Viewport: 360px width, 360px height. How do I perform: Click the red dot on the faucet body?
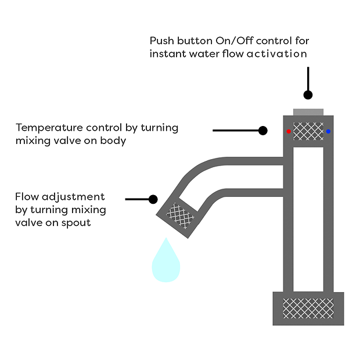point(289,132)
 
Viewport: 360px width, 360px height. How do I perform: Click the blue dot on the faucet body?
point(328,132)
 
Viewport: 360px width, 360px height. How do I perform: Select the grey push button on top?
point(308,111)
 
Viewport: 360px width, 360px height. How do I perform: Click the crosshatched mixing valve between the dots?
point(308,131)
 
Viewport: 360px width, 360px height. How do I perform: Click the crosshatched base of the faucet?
point(308,307)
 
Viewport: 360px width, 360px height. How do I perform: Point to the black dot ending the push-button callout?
point(308,94)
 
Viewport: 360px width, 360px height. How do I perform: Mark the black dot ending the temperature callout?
point(262,130)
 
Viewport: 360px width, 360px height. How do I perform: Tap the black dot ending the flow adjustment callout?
point(153,199)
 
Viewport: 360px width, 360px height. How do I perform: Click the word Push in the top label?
point(161,42)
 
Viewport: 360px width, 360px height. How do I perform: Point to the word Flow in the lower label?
point(27,196)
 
